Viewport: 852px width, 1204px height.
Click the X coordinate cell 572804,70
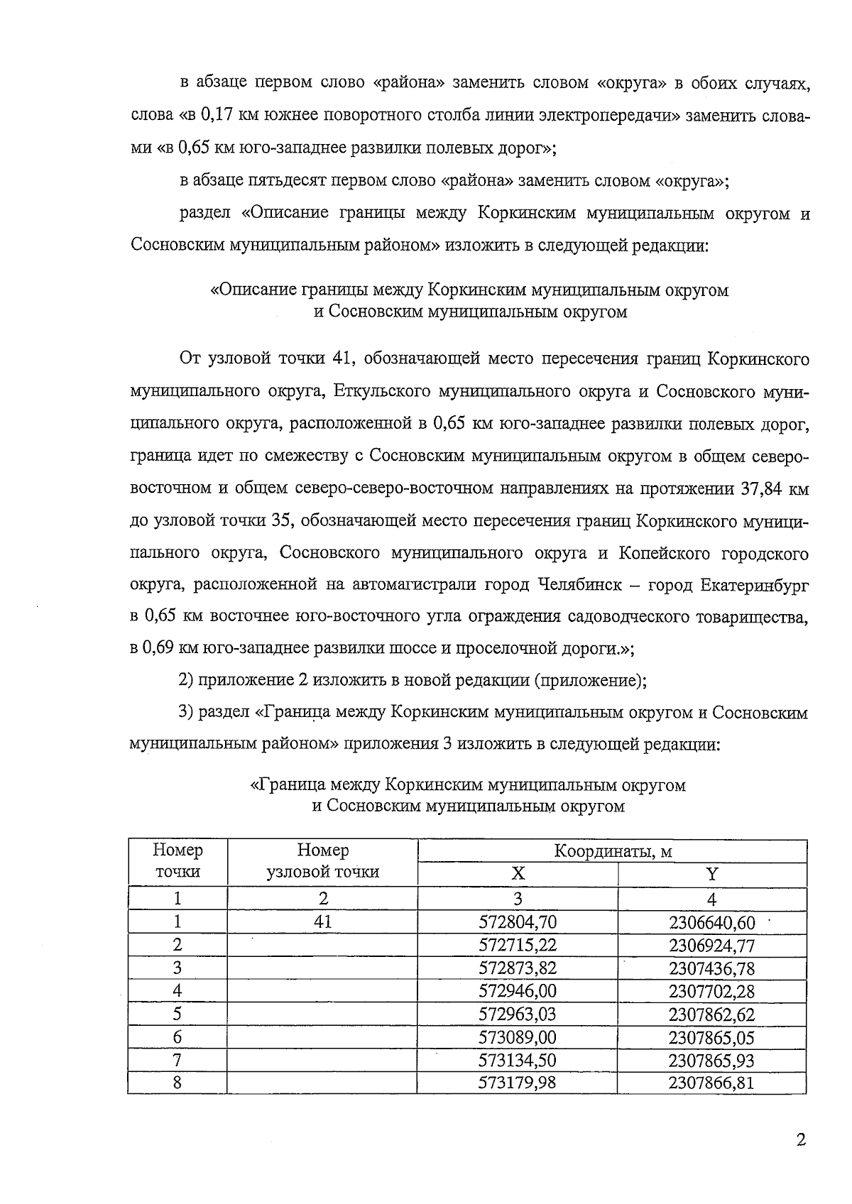[517, 922]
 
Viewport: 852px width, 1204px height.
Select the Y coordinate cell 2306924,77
[711, 946]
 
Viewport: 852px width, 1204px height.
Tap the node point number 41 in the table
[322, 922]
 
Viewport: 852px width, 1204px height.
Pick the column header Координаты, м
[612, 851]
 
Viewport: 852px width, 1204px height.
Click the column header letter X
[518, 874]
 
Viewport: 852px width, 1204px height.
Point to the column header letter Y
[712, 874]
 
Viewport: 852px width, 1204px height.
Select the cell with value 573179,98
[517, 1083]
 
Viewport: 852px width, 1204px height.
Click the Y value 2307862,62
[711, 1014]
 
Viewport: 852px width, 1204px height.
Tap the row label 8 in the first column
[177, 1083]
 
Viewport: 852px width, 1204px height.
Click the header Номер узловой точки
[322, 861]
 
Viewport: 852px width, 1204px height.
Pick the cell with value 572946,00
[517, 991]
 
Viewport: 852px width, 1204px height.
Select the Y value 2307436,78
[711, 968]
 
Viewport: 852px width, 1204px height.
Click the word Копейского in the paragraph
[662, 553]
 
